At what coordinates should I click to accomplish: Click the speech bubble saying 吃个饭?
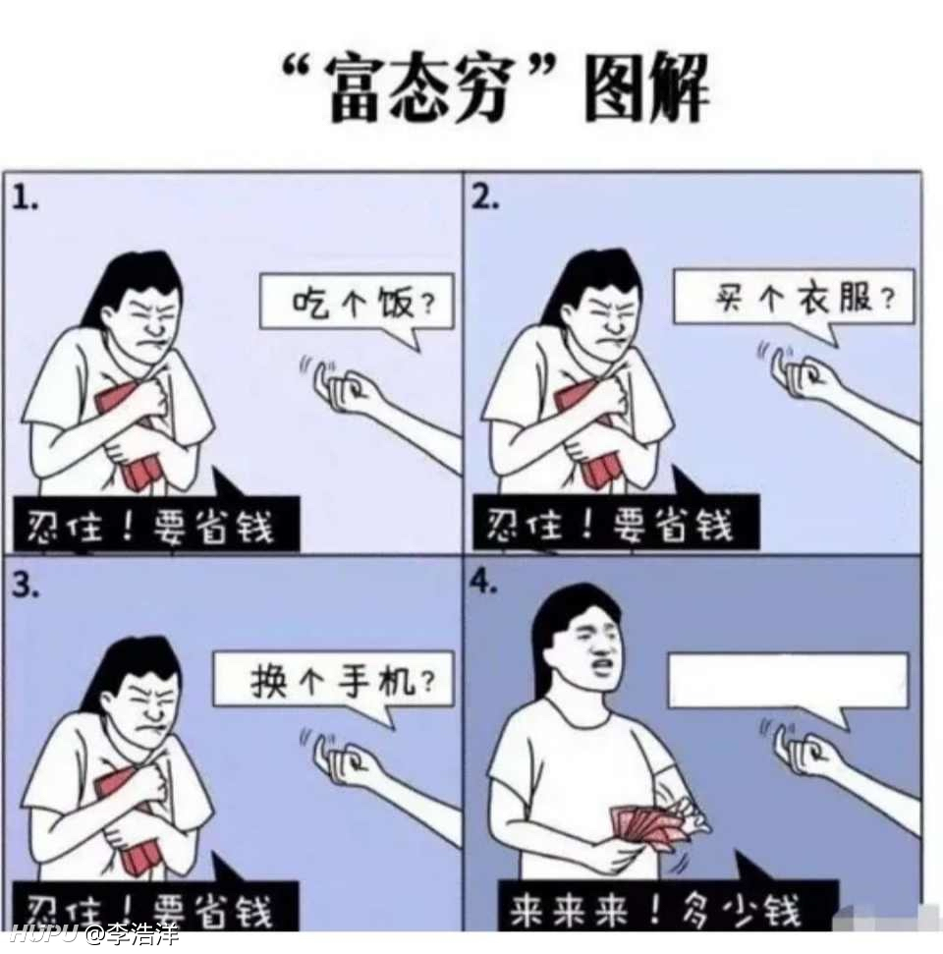[x=359, y=303]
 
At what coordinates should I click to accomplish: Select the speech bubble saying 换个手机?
[x=335, y=679]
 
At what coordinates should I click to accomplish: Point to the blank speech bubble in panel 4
[x=787, y=680]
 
